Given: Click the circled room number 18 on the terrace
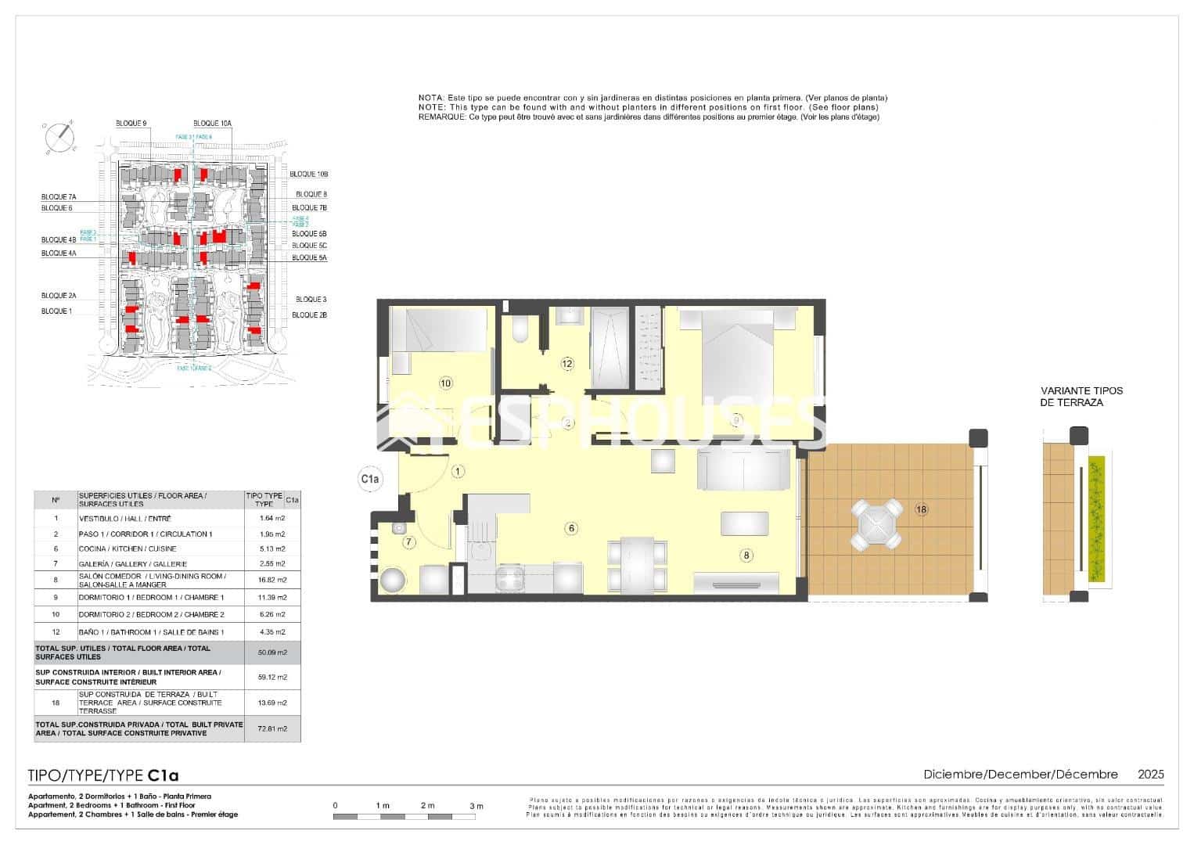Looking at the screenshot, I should point(921,509).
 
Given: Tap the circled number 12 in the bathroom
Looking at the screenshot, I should point(567,364).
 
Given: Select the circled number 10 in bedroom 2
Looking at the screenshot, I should point(445,383).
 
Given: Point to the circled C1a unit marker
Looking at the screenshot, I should point(369,478).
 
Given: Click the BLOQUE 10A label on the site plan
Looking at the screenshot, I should point(212,124).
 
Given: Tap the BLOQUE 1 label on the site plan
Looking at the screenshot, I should point(56,311).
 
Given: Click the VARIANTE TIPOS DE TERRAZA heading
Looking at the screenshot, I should point(1081,397).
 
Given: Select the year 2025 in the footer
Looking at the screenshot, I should point(1150,775).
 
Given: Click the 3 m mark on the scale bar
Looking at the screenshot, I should point(476,806).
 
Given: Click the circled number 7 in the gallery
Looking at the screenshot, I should point(407,541).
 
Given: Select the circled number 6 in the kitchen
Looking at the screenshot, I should point(572,529).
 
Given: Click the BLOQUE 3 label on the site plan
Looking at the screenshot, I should point(311,300).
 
